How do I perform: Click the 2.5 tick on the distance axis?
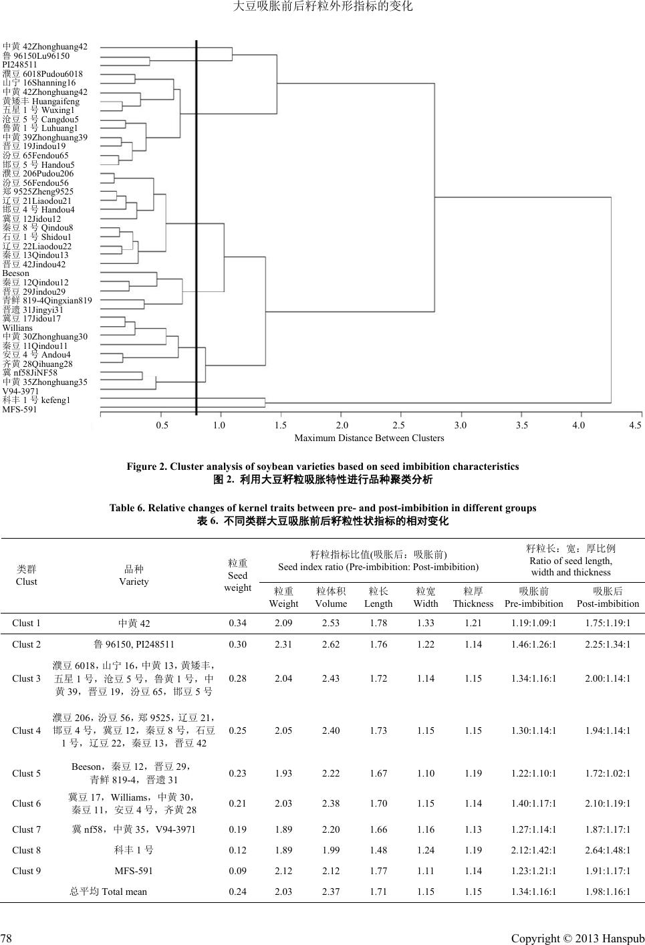point(398,425)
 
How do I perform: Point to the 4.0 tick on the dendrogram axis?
point(579,425)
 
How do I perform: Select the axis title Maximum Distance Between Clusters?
point(369,438)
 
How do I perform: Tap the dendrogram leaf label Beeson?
point(16,273)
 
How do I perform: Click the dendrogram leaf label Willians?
point(17,328)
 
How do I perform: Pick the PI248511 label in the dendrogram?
point(21,65)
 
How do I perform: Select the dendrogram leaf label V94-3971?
point(21,391)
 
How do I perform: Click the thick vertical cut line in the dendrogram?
point(197,227)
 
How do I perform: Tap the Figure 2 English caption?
point(323,466)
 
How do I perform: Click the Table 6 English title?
point(323,508)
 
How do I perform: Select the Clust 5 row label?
point(27,773)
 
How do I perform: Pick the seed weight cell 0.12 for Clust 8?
point(237,850)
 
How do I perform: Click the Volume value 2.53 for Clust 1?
point(331,624)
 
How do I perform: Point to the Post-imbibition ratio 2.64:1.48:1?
point(608,850)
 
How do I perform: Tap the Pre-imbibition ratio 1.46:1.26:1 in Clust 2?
point(533,644)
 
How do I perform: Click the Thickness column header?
point(473,597)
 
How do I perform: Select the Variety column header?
point(134,575)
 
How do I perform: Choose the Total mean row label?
point(108,892)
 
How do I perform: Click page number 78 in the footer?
point(7,938)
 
